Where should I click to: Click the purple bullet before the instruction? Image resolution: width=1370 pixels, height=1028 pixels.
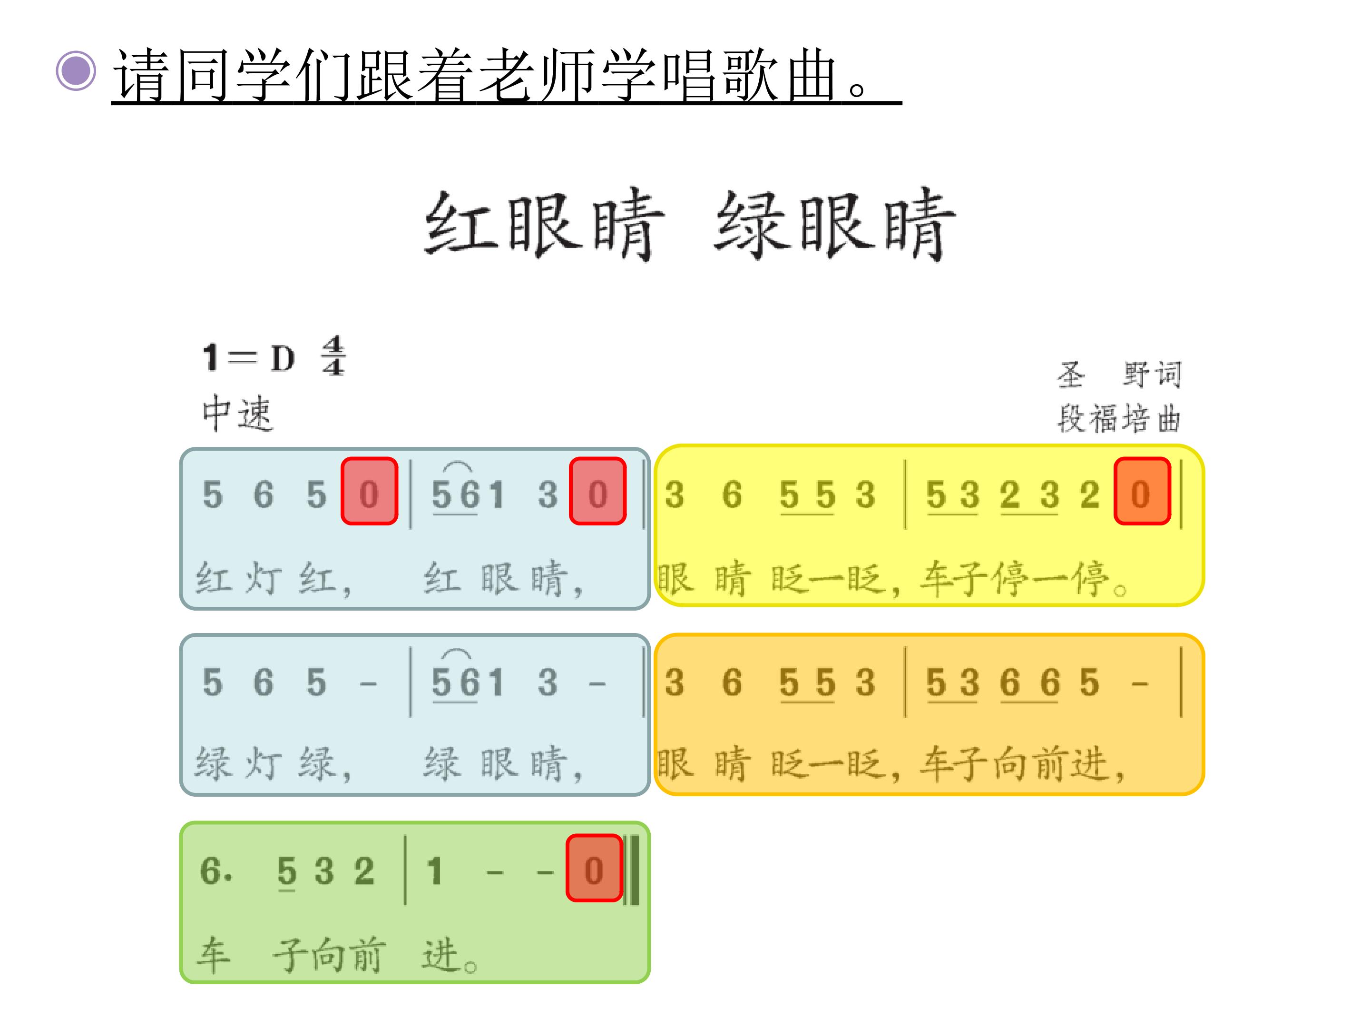click(76, 70)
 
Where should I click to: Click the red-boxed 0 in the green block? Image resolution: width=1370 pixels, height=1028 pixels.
click(594, 868)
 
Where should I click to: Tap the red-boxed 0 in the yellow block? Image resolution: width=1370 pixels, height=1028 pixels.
click(1142, 491)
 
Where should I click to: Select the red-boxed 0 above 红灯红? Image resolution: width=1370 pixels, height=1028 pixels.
click(369, 491)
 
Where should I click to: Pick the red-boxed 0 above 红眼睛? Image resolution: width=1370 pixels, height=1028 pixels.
click(597, 491)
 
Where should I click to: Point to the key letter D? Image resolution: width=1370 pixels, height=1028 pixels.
click(283, 358)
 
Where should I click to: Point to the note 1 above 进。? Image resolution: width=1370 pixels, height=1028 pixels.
click(434, 870)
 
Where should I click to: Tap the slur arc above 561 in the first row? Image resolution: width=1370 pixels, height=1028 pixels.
click(457, 465)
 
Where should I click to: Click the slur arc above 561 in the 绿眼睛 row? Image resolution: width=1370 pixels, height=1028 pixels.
click(457, 652)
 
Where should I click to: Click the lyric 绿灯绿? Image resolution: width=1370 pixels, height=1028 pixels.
click(273, 763)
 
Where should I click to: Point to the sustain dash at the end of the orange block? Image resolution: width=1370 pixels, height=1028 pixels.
click(1140, 684)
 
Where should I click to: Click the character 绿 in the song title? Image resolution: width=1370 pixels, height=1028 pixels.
click(752, 224)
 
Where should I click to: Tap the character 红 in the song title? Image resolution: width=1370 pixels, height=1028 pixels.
click(462, 224)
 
